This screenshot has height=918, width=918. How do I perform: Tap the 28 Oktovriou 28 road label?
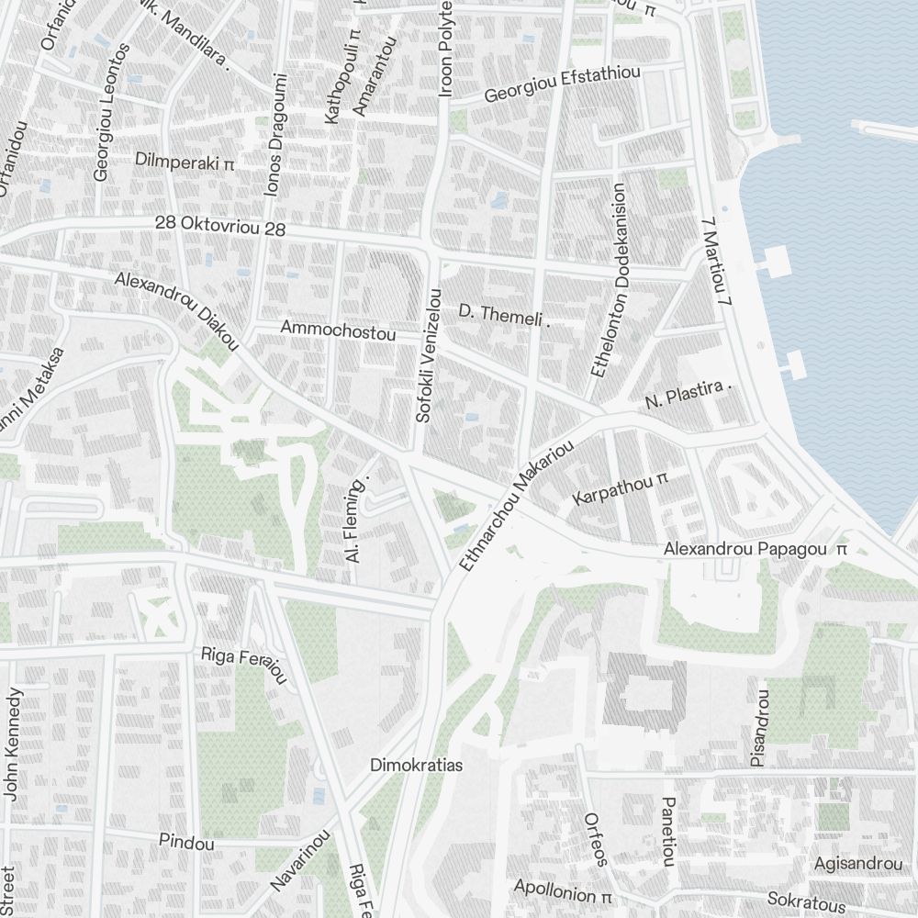coord(220,225)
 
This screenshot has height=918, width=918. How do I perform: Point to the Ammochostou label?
coord(338,330)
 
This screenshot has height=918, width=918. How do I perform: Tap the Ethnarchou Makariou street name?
coord(517,506)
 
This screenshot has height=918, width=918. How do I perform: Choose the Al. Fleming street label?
coord(360,519)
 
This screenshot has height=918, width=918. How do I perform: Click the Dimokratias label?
coord(416,765)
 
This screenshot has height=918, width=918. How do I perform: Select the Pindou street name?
coord(186,841)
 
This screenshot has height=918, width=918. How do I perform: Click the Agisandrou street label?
coord(858,864)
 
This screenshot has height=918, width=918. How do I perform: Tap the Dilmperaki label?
coord(185,161)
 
